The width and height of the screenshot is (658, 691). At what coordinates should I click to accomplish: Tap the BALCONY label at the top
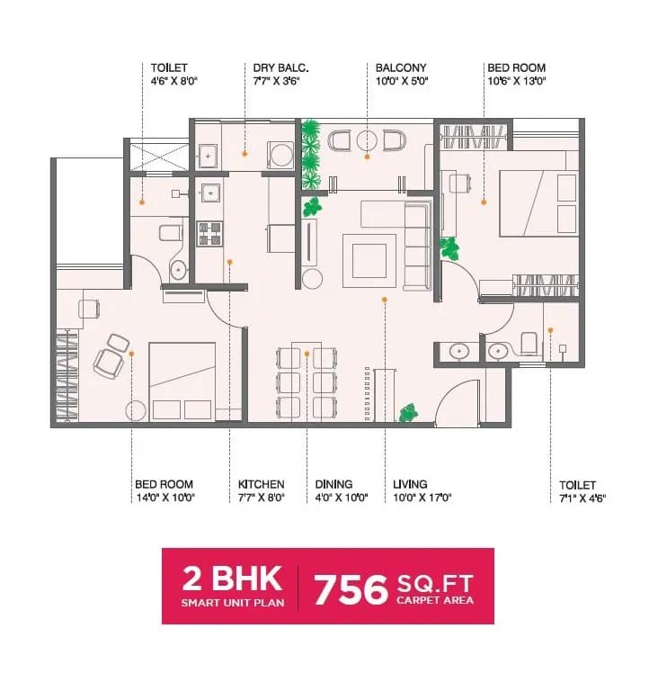[x=401, y=67]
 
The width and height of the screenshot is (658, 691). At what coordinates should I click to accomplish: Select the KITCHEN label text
[x=261, y=484]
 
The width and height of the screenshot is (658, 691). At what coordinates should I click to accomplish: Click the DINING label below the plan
[x=333, y=484]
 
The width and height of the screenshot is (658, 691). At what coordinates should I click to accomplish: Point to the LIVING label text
[x=410, y=484]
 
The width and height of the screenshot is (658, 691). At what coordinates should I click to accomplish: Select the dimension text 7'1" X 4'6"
[x=582, y=498]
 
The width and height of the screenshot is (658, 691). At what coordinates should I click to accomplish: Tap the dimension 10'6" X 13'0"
[x=517, y=81]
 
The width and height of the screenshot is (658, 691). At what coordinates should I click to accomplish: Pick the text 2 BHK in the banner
[x=232, y=578]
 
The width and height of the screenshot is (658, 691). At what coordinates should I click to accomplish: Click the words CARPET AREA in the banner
[x=435, y=600]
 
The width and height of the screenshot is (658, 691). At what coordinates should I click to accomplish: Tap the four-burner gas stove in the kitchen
[x=209, y=234]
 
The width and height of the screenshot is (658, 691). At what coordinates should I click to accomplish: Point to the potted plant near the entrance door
[x=408, y=412]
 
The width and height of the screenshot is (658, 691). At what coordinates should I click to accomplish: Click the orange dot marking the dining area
[x=307, y=353]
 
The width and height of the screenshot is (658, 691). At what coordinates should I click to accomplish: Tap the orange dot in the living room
[x=384, y=299]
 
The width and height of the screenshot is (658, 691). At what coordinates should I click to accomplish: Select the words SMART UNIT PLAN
[x=232, y=602]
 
